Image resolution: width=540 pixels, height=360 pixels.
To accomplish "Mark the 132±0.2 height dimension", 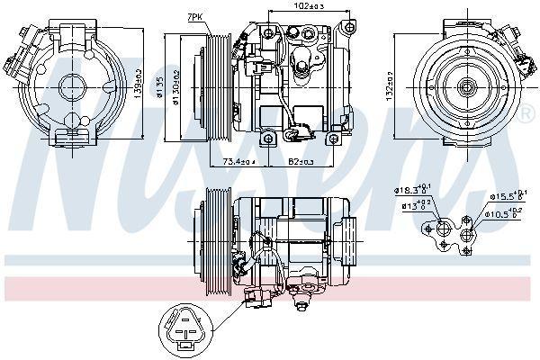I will click(x=389, y=84).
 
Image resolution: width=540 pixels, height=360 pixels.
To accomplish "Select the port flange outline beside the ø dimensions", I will click(x=454, y=232).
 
